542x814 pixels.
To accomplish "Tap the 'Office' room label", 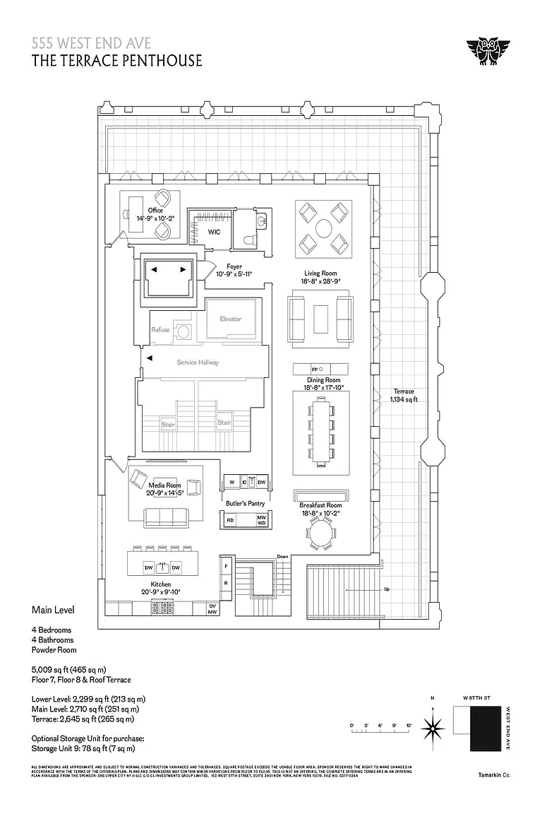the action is click(x=155, y=210).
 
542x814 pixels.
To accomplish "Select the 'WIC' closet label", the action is click(x=215, y=232).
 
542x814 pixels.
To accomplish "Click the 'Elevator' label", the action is click(x=230, y=319).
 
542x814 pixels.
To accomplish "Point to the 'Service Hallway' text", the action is click(x=198, y=362).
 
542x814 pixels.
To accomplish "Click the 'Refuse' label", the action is click(x=160, y=330).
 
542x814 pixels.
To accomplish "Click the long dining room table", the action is click(x=321, y=431).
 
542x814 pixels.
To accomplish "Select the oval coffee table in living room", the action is click(x=323, y=228).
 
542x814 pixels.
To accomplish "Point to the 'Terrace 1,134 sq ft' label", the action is click(x=404, y=395).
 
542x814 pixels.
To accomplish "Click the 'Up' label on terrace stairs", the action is click(x=386, y=589).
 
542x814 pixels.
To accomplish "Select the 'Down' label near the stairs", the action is click(x=283, y=557).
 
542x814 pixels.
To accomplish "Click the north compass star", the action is click(x=432, y=726).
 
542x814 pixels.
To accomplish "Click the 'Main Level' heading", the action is click(x=53, y=609).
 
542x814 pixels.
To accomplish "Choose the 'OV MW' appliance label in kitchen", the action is click(x=212, y=609).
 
